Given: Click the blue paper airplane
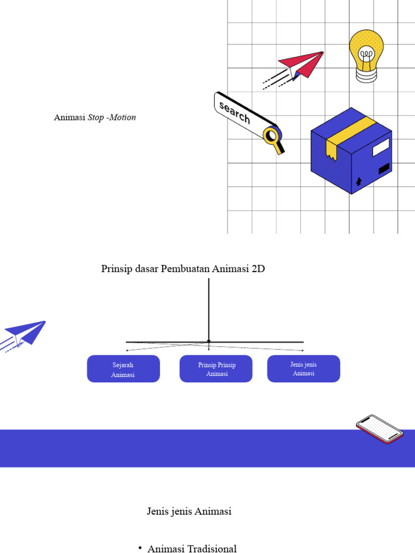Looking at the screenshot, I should tap(27, 332).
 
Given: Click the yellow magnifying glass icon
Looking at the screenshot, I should tap(272, 136).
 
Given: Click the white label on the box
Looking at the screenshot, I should tap(381, 146).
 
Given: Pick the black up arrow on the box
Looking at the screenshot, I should tap(358, 181).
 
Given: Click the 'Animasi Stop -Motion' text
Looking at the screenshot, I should tap(95, 117).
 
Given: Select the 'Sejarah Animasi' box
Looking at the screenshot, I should tap(123, 369).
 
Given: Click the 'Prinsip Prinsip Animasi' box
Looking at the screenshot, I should tap(216, 369).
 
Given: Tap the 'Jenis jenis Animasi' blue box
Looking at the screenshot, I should tap(304, 369).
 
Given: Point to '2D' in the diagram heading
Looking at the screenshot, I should tap(258, 269).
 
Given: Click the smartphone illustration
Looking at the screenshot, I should tap(379, 429).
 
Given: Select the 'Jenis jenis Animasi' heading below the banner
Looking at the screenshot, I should tap(189, 511).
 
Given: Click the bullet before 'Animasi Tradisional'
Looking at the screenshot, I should tap(140, 548).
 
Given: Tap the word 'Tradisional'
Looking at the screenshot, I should tap(212, 549).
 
